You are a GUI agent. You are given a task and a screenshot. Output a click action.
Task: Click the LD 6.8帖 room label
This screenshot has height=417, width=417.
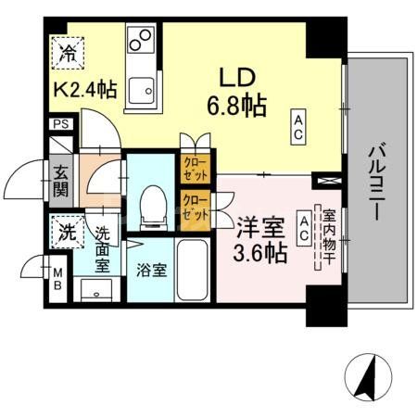235,91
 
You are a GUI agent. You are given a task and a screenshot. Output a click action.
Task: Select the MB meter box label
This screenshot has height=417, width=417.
57,279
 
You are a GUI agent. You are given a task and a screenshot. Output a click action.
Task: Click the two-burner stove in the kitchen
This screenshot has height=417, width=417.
142,41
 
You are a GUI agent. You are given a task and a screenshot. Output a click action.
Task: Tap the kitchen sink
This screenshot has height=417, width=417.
142,89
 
